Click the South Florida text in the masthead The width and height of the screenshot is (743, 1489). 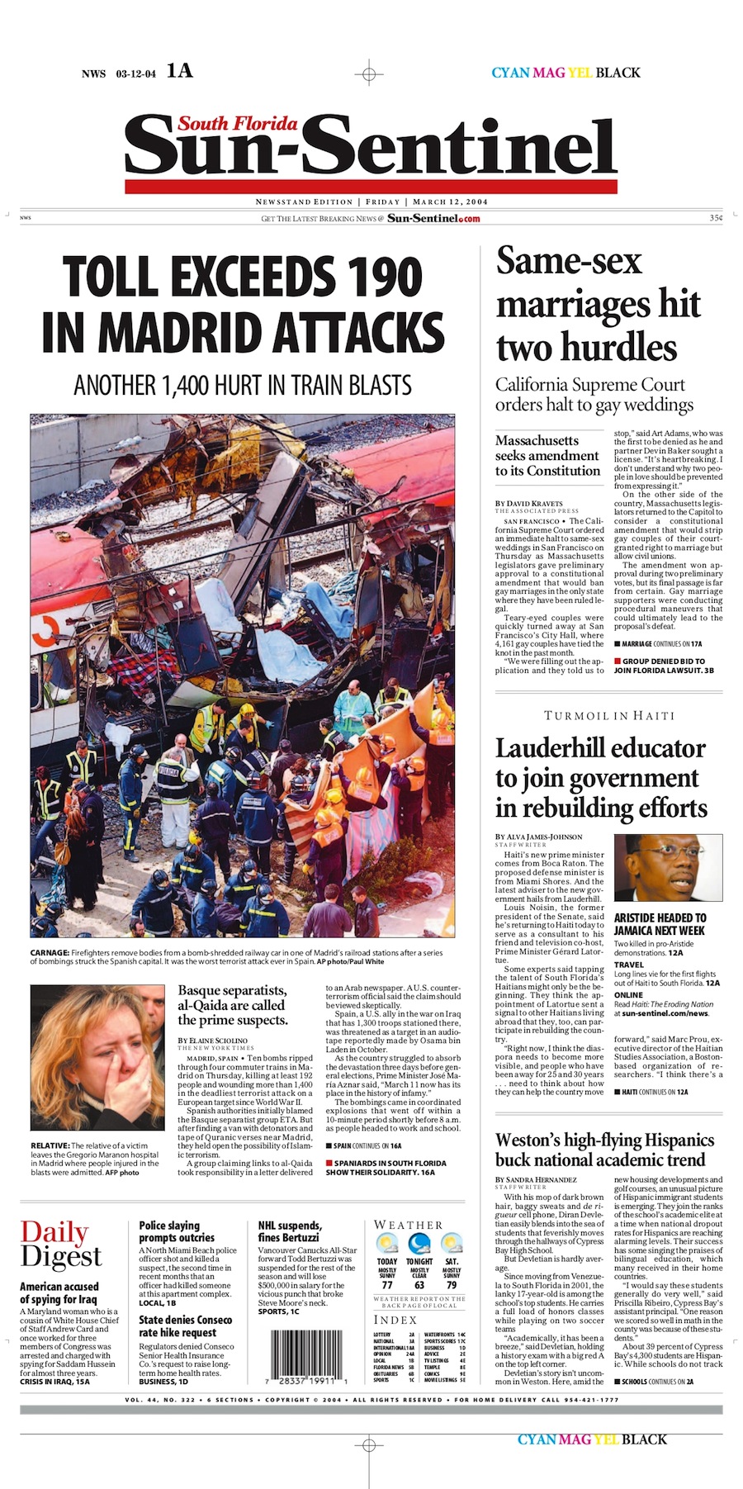coord(238,124)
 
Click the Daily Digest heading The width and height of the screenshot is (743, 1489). coord(61,1244)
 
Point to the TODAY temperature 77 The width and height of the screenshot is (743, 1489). coord(387,1286)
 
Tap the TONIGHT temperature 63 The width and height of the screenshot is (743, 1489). coord(419,1286)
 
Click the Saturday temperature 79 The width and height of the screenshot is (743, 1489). coord(452,1286)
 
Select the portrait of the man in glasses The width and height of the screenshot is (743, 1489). coord(668,868)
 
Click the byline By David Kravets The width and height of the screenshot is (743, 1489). coord(528,503)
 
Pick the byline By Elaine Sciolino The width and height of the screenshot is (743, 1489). coord(213,1041)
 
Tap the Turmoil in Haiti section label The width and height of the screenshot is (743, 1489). coord(609,715)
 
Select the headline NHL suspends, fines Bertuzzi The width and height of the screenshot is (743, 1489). coord(291,1231)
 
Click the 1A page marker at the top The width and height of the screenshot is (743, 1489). coord(179,71)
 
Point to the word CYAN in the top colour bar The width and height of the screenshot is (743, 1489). coord(510,73)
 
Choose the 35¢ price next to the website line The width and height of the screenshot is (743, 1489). coord(715,218)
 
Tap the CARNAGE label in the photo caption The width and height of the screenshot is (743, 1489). coord(50,952)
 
